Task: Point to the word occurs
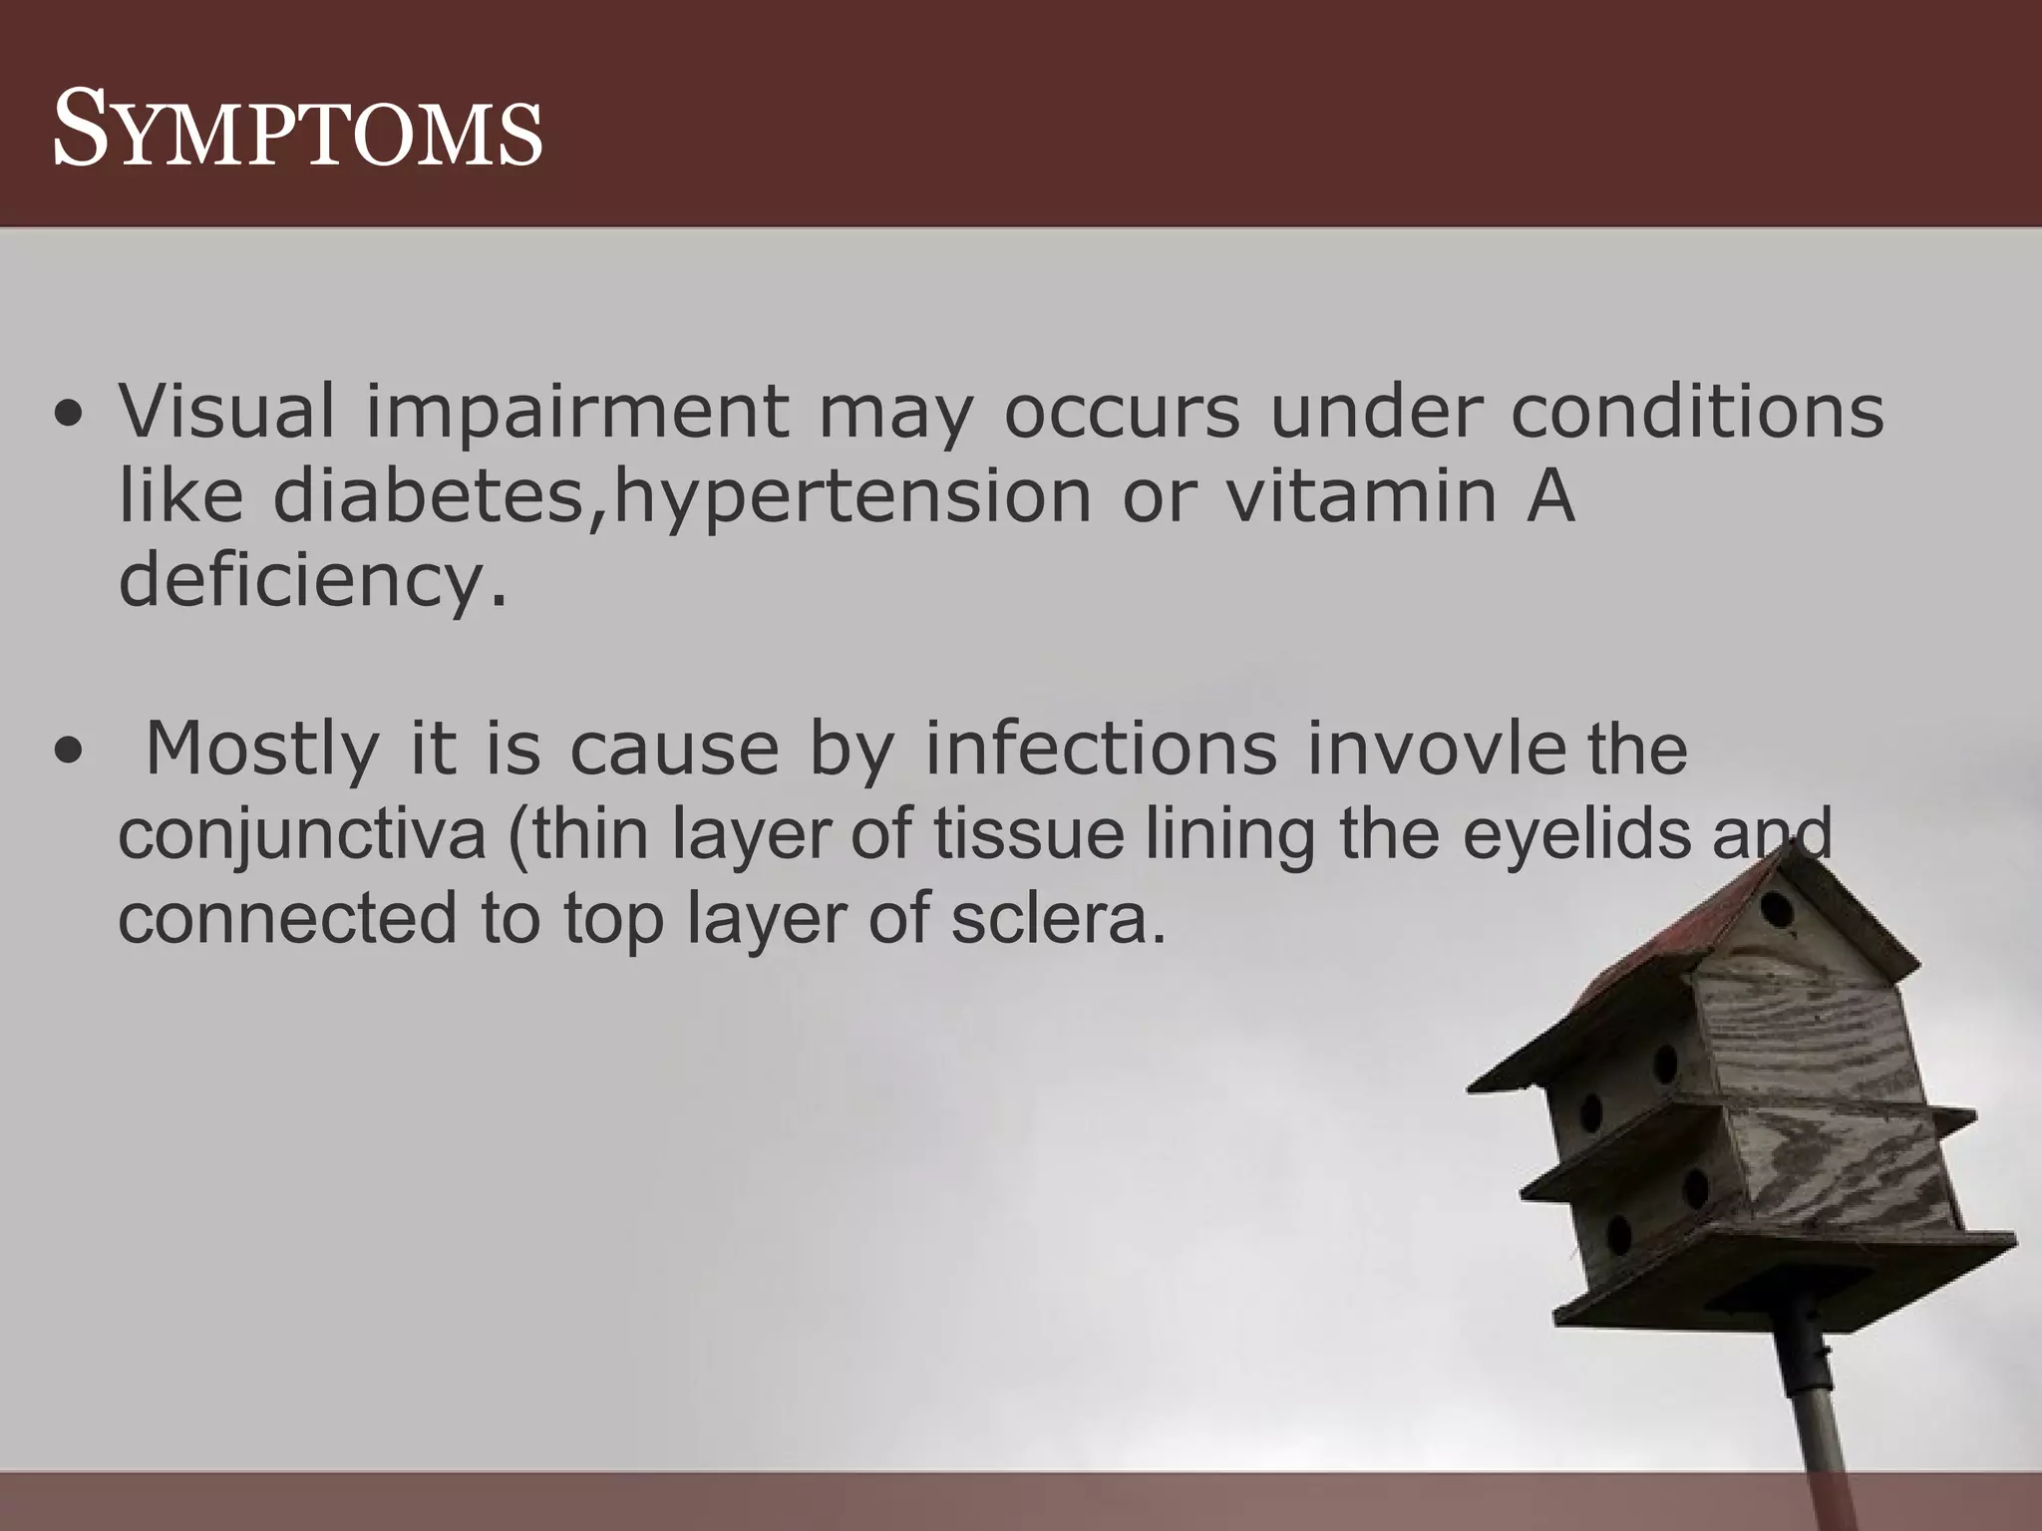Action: coord(1121,412)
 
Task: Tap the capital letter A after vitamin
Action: coord(1549,494)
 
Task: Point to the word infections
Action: coord(1101,748)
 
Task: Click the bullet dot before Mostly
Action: coord(68,754)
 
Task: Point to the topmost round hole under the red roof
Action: coord(1776,909)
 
